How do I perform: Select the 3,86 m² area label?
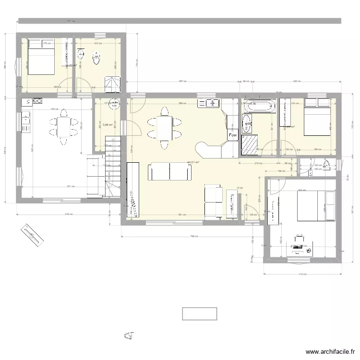pyautogui.click(x=108, y=125)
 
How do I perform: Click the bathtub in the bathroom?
pyautogui.click(x=260, y=106)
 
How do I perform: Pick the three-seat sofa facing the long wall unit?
pyautogui.click(x=169, y=171)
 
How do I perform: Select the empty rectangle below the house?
pyautogui.click(x=200, y=314)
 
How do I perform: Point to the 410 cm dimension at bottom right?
pyautogui.click(x=302, y=275)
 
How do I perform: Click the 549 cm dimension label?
pyautogui.click(x=68, y=214)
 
